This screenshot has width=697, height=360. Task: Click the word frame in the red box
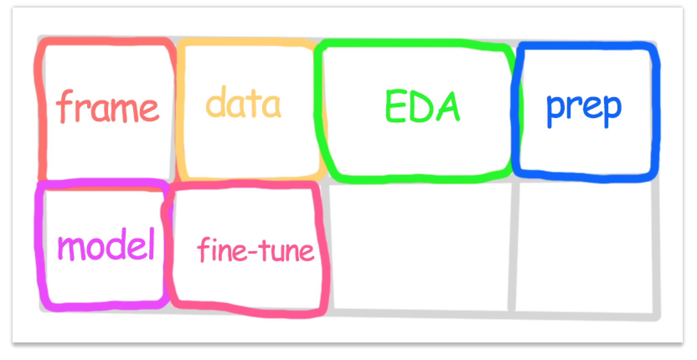point(108,106)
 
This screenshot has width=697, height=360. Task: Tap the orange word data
point(243,102)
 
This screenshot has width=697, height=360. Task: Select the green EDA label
point(423,106)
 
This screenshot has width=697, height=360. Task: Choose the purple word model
point(106,244)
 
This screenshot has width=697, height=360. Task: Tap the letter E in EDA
point(395,106)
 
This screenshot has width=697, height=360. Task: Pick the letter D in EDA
point(421,106)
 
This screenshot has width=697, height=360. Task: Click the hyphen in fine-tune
point(252,251)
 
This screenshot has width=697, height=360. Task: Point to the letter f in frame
point(64,106)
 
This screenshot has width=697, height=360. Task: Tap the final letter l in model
point(151,244)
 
